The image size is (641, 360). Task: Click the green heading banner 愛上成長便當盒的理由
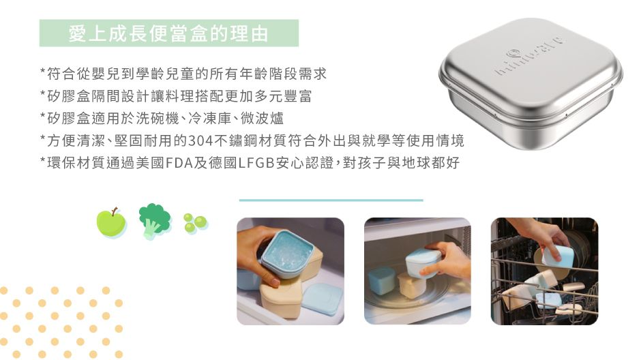168,33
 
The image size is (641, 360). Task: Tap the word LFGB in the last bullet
255,164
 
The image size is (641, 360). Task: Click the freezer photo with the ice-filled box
290,271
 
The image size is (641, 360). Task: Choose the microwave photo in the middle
417,271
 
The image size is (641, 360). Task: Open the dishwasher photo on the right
544,271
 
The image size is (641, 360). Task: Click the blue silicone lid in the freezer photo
323,299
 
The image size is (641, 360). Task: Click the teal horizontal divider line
331,200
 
